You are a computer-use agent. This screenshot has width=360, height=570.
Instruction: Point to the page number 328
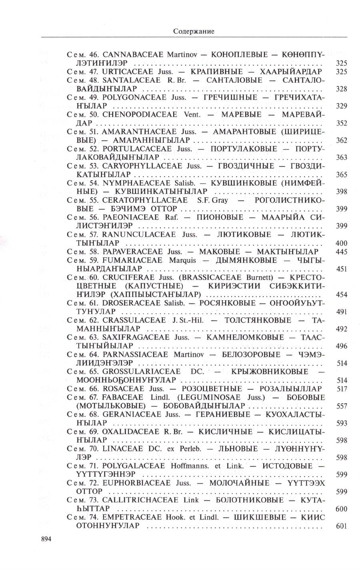(x=341, y=89)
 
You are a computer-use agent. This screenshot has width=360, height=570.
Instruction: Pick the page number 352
(x=341, y=123)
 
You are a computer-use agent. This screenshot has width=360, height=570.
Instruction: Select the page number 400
(x=341, y=243)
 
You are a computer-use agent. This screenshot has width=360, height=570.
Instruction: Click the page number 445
(x=341, y=252)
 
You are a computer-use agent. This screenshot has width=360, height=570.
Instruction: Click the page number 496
(x=341, y=346)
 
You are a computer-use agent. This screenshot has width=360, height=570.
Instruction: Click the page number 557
(x=341, y=406)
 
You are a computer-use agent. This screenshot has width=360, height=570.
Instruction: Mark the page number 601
(x=341, y=526)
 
